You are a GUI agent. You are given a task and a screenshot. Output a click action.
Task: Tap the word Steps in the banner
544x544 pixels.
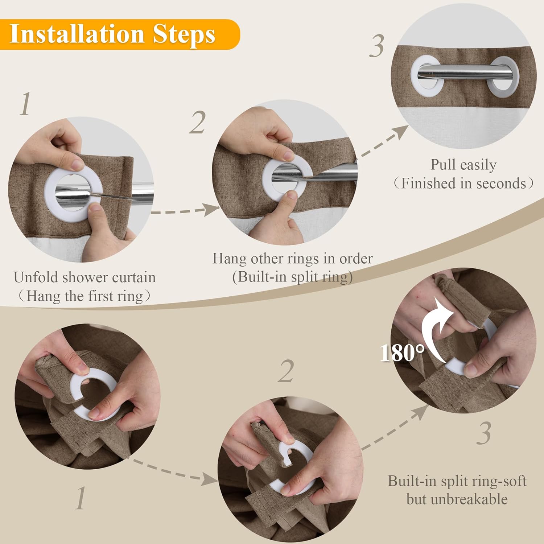click(x=184, y=35)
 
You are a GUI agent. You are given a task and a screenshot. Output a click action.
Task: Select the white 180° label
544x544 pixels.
click(x=402, y=353)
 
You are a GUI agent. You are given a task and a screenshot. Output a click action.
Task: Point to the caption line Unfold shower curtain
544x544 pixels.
click(x=85, y=277)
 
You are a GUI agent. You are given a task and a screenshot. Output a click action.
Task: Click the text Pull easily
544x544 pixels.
click(x=463, y=165)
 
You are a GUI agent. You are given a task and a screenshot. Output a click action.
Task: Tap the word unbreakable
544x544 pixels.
click(x=457, y=499)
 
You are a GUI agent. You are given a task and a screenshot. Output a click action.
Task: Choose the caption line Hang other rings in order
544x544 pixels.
click(x=292, y=259)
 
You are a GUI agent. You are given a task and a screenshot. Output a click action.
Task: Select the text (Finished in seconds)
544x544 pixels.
click(x=463, y=184)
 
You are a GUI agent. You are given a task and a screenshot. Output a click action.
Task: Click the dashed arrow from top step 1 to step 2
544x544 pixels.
click(x=185, y=210)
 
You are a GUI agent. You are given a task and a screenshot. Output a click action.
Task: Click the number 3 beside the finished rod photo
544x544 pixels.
click(x=377, y=46)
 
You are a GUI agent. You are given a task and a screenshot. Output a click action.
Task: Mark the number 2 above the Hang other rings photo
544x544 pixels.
click(x=198, y=123)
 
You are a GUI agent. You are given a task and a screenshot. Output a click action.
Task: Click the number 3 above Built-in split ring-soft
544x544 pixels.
click(x=484, y=433)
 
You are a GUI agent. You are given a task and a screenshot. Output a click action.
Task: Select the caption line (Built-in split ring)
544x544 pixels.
click(x=292, y=277)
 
